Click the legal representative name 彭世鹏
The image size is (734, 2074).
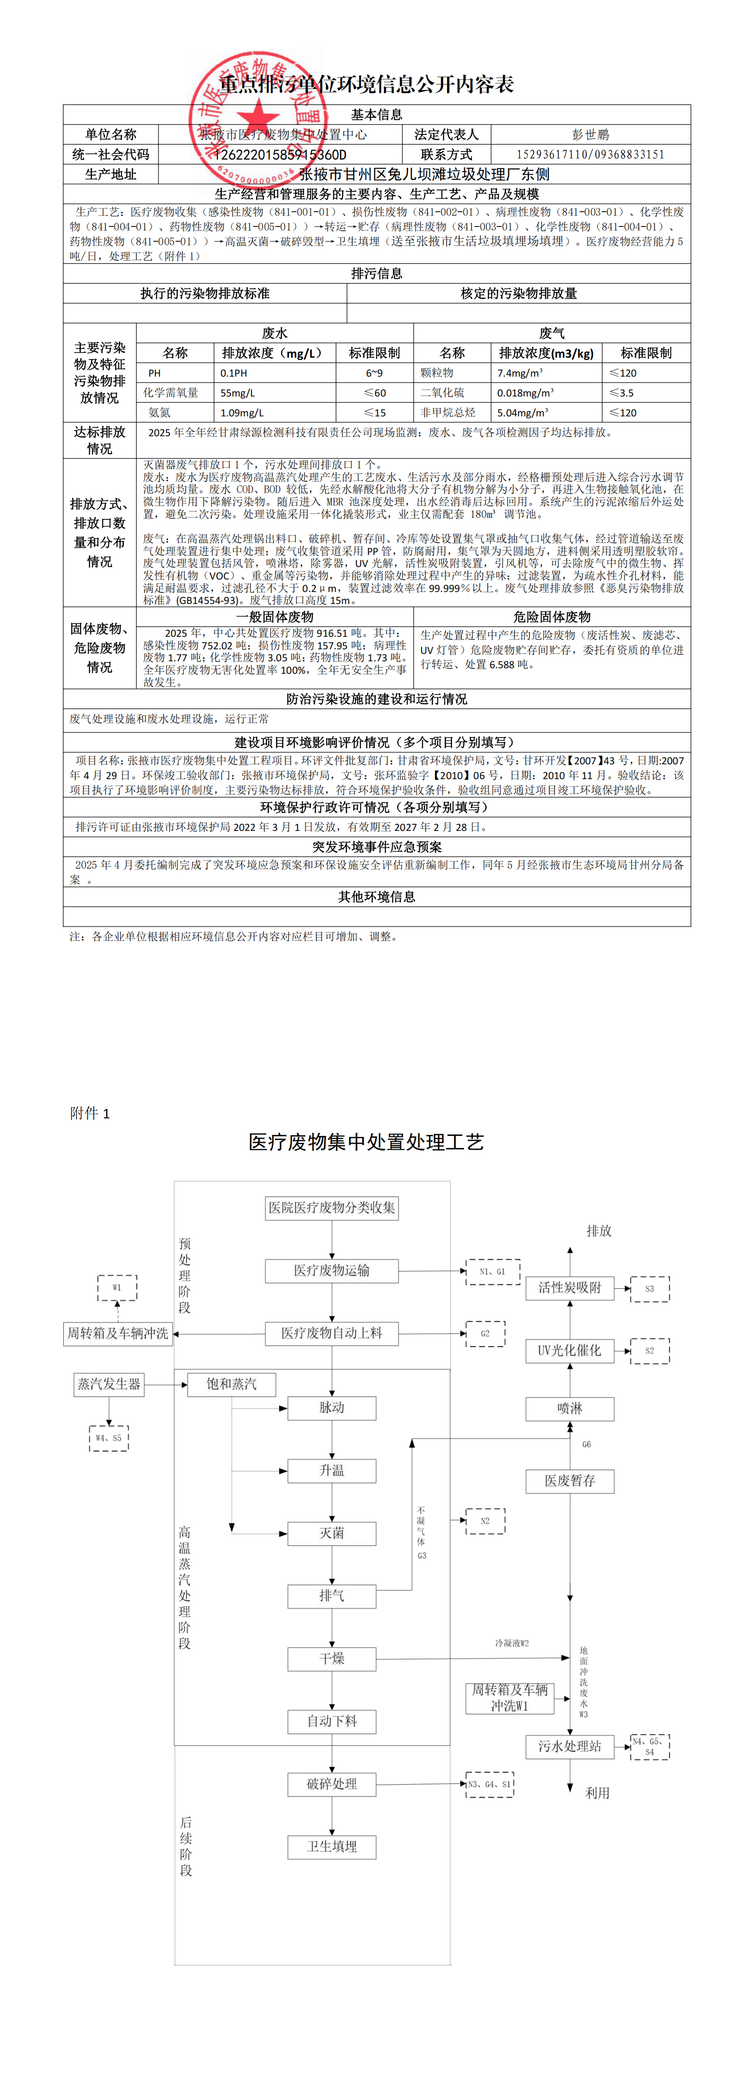click(x=591, y=134)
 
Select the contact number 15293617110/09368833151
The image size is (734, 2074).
click(x=591, y=155)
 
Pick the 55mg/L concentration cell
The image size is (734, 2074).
click(x=238, y=393)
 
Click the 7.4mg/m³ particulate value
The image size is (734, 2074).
click(x=520, y=373)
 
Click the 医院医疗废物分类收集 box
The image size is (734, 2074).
click(x=332, y=1208)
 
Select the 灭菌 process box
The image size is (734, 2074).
click(x=332, y=1533)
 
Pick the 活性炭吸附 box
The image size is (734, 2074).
click(x=569, y=1287)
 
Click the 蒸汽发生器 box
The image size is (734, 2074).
click(x=109, y=1384)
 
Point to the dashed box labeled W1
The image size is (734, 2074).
click(x=117, y=1287)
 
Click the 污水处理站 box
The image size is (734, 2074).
click(x=569, y=1745)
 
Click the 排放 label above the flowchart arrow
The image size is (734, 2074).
click(x=599, y=1231)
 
